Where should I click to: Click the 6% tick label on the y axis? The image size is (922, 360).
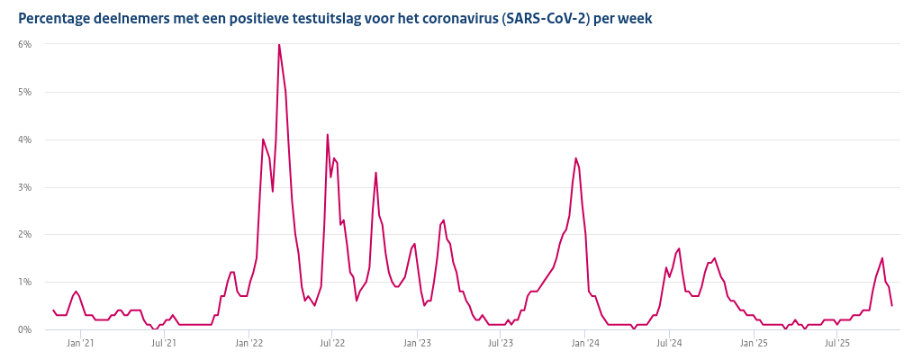point(25,44)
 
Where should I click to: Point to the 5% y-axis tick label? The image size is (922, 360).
point(25,92)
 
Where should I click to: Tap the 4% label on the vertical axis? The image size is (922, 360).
point(25,139)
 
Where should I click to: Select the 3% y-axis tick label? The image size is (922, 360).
point(25,187)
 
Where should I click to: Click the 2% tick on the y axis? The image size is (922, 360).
point(25,234)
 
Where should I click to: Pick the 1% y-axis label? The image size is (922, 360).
point(25,282)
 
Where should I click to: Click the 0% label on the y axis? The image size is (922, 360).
point(25,329)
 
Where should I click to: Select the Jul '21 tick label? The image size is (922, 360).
point(164,343)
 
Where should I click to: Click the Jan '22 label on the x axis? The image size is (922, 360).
point(249,343)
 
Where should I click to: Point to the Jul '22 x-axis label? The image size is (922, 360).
point(332,343)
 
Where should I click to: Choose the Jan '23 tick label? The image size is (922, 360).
point(417,343)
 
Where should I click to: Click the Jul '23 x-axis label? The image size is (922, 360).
point(501,343)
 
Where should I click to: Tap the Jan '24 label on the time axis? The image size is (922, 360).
point(585,343)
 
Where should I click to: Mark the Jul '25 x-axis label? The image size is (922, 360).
point(837,343)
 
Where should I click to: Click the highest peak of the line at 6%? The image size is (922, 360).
point(279,45)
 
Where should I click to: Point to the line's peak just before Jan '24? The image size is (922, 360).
point(575,158)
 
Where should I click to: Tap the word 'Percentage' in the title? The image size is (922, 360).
point(55,18)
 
